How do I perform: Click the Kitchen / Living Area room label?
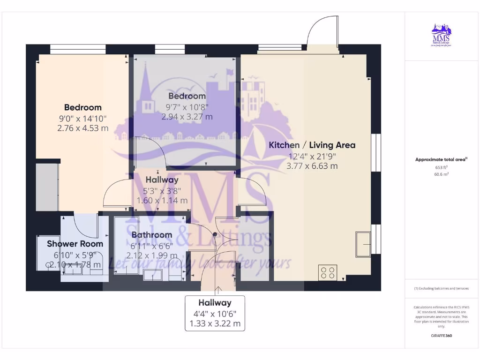312,145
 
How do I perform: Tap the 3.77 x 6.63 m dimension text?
312,166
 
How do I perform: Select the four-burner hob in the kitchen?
328,272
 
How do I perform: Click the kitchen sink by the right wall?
363,244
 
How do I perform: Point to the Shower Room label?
75,244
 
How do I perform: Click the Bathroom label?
151,234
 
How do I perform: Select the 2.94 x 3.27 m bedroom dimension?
187,117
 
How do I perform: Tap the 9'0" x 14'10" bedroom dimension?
82,118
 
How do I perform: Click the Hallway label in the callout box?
215,303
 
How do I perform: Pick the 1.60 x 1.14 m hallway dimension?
162,200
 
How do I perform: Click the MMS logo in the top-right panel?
441,36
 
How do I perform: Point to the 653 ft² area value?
441,167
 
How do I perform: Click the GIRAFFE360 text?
441,336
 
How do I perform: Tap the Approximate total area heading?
441,160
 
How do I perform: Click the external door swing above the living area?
322,30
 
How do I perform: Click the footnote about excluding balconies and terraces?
441,288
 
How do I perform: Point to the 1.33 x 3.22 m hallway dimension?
215,323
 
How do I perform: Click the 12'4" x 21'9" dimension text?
312,156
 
